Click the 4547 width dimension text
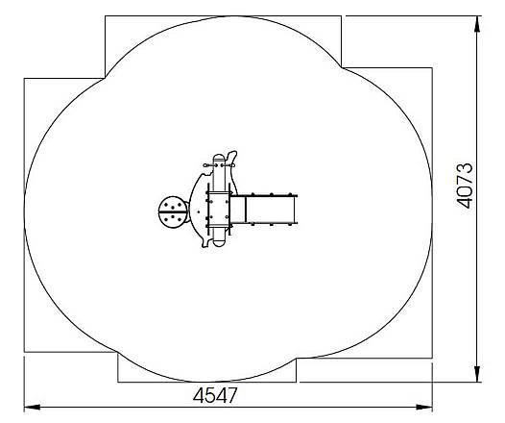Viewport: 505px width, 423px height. (215, 395)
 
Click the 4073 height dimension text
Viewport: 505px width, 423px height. (465, 187)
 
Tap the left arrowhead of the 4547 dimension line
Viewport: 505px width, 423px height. (33, 408)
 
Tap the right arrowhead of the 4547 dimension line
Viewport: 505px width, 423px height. (424, 408)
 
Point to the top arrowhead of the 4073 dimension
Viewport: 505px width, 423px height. (477, 24)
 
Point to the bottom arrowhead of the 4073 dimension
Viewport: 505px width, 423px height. (477, 374)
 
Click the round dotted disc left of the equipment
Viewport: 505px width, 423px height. (173, 212)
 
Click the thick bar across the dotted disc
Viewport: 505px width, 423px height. (173, 212)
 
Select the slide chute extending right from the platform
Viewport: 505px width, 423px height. (263, 210)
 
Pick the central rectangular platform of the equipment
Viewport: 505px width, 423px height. (218, 210)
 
